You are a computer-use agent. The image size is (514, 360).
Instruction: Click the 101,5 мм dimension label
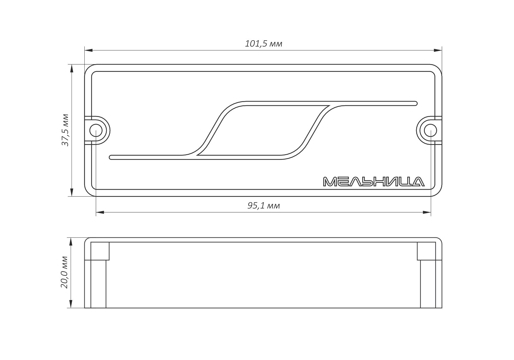pos(264,44)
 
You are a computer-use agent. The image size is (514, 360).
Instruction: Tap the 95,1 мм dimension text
pos(264,206)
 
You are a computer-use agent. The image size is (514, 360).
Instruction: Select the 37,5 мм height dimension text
pos(65,130)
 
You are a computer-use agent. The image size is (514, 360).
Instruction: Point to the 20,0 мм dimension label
pos(64,272)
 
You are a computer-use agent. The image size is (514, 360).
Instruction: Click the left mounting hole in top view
pos(96,130)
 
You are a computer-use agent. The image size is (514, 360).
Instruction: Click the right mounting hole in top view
pos(431,130)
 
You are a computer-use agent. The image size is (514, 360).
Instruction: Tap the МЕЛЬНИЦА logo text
pos(374,182)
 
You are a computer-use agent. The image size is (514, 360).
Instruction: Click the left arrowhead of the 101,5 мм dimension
pos(89,50)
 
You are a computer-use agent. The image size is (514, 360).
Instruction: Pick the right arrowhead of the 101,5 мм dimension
pos(438,50)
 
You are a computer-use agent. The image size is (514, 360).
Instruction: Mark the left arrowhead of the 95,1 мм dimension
pos(100,212)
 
